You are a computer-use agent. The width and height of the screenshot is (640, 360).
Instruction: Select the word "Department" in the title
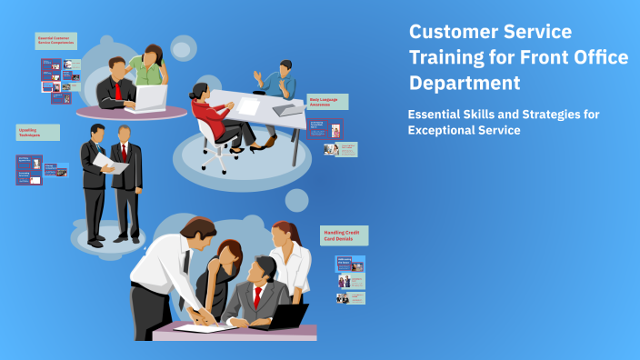tap(465, 83)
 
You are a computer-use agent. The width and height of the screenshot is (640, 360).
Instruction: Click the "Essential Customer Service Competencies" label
tap(56, 41)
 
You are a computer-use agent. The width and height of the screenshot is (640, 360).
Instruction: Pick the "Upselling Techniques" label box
tap(37, 133)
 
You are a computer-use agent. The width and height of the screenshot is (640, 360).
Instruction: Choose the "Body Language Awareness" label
tap(327, 102)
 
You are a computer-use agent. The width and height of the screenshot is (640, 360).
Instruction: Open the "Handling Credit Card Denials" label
tap(344, 235)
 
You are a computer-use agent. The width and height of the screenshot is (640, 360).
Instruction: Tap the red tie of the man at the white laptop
tap(118, 89)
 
